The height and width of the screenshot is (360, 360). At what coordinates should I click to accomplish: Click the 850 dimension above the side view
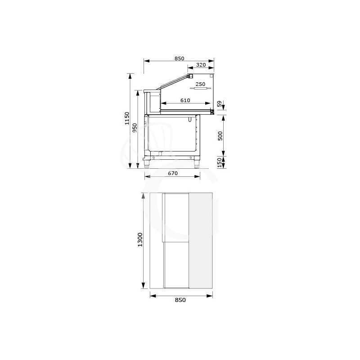pos(179,58)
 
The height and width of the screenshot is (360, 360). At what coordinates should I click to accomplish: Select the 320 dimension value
pos(201,65)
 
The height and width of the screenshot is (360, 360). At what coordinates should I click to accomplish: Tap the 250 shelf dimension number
pos(200,84)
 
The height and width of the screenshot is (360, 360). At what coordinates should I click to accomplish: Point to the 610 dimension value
pos(185,100)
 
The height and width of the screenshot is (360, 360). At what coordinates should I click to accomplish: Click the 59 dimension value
pos(220,104)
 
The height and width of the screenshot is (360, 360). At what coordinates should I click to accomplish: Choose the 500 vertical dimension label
pos(220,136)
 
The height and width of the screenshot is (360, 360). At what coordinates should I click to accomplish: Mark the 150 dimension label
pos(220,162)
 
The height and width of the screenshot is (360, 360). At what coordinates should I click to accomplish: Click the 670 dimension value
pos(173,173)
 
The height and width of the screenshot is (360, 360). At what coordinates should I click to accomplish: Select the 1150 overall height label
pos(127,118)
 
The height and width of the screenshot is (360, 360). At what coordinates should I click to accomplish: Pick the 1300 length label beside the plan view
pos(140,239)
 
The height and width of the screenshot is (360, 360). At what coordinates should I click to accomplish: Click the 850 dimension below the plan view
pos(180,300)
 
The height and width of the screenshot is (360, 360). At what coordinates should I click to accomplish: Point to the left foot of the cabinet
pos(147,164)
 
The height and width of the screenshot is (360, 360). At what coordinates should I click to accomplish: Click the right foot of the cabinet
pos(197,164)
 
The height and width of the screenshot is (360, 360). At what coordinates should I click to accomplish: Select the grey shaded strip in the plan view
pos(200,241)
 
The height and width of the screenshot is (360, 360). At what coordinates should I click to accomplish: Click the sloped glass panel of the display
pos(173,82)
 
